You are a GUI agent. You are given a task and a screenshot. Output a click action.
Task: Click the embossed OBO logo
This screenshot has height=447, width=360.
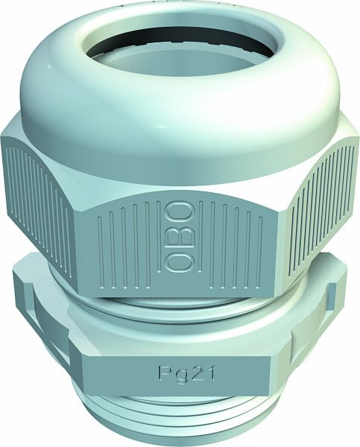[x=178, y=236]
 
